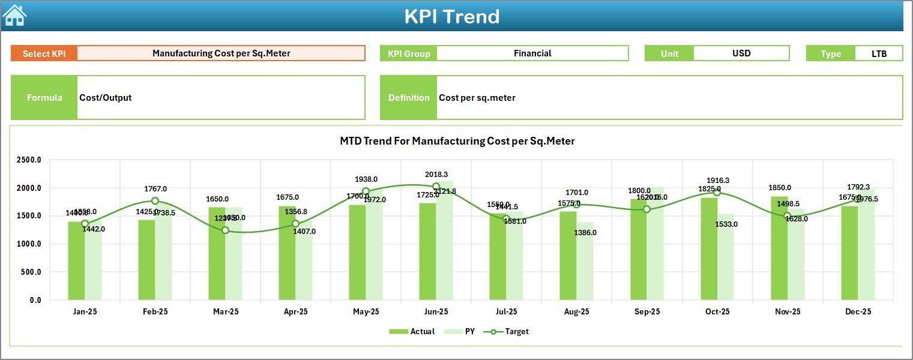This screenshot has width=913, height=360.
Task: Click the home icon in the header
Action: click(x=14, y=16)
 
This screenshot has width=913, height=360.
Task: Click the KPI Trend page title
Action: click(x=451, y=16)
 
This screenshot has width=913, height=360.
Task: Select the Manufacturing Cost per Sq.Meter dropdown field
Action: click(x=221, y=53)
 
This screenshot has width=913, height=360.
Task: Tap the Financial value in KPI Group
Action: click(x=532, y=53)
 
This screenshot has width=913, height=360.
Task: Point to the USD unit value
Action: click(x=741, y=53)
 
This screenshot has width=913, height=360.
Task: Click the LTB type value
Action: click(x=879, y=53)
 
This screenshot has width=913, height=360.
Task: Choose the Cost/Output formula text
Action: click(x=106, y=98)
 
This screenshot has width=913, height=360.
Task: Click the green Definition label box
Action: click(x=409, y=98)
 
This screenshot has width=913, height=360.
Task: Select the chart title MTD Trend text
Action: click(x=457, y=142)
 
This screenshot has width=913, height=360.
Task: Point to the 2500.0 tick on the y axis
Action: click(x=29, y=160)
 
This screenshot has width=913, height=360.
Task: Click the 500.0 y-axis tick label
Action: click(x=31, y=272)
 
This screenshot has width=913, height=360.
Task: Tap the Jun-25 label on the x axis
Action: click(x=436, y=312)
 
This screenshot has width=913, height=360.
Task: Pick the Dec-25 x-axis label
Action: click(x=858, y=312)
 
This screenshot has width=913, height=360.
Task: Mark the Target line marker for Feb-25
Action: click(x=155, y=201)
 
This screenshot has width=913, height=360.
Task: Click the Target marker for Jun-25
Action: click(x=436, y=187)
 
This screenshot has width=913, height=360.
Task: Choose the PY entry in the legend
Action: click(x=463, y=331)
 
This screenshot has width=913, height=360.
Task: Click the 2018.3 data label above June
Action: click(x=436, y=175)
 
